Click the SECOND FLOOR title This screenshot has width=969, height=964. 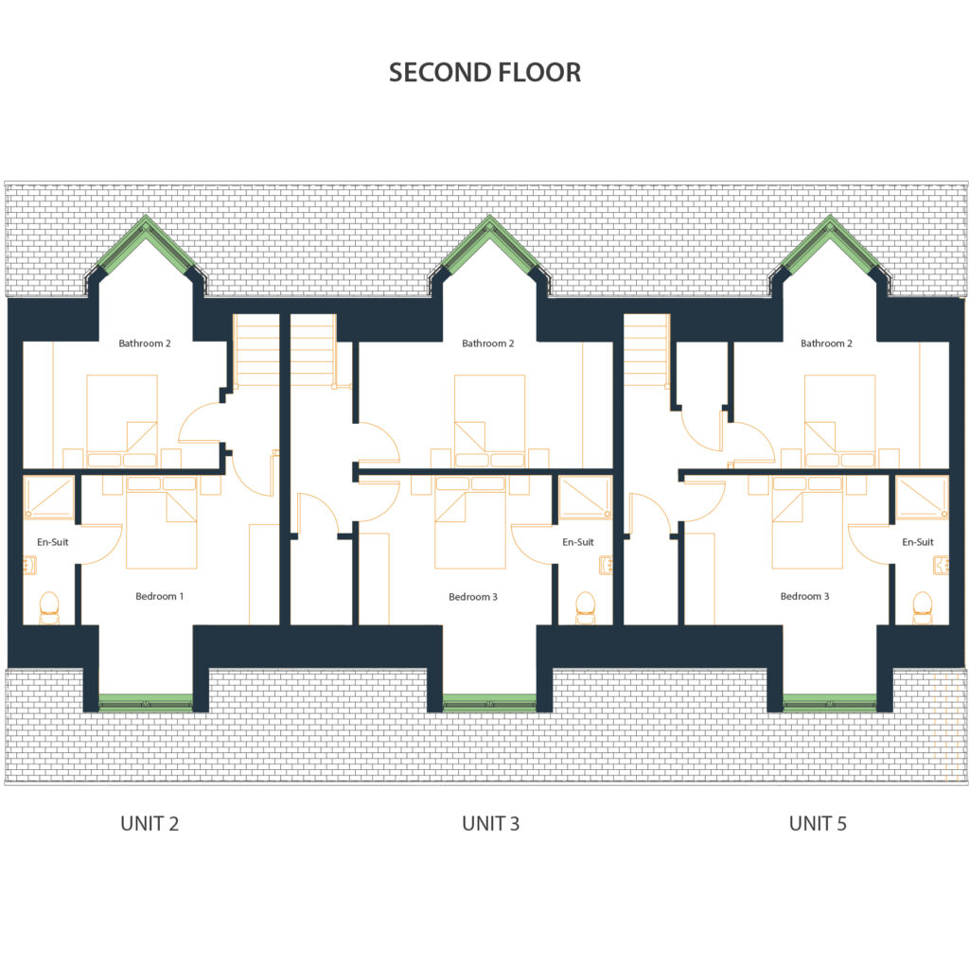pos(485,72)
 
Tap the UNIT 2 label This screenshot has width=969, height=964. pos(150,824)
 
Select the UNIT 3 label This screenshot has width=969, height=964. pos(491,824)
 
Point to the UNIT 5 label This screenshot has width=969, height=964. pos(818,824)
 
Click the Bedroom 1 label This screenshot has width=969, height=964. pos(159,596)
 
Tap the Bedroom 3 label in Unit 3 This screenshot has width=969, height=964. pos(473,597)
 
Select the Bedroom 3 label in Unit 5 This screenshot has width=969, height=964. pos(804,596)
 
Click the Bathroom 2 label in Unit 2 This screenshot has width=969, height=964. pos(145,343)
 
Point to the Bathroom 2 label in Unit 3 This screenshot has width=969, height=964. pos(488,343)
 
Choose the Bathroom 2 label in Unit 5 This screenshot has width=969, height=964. pos(826,343)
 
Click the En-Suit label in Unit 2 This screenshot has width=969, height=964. pos(53,543)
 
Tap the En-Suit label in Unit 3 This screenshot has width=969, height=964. pos(578,543)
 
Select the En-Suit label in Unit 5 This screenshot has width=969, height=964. pos(918,543)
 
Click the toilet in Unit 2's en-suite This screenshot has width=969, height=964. pos(49,607)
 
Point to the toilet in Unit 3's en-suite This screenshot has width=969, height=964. pos(585,607)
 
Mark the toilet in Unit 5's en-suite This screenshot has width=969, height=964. pos(922,607)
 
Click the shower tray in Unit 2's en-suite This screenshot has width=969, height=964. pos(49,498)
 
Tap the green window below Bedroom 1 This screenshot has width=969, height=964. pos(146,703)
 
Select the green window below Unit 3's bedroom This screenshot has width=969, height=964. pos(489,703)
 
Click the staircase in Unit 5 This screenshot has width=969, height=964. pos(646,350)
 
